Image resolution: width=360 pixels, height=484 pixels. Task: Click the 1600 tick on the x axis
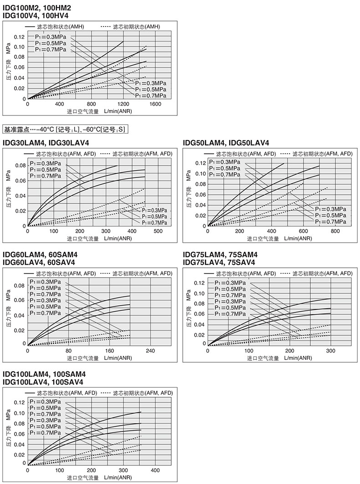click(x=155, y=104)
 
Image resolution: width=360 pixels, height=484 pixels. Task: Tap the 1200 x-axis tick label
click(x=123, y=104)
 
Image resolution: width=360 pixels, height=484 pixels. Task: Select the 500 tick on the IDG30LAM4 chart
click(x=158, y=231)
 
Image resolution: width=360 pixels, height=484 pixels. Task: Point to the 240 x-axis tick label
click(x=150, y=351)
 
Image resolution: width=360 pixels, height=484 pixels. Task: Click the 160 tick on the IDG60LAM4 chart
click(x=109, y=351)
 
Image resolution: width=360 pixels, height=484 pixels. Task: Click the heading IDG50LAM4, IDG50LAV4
click(x=226, y=142)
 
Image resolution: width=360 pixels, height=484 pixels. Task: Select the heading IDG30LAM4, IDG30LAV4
click(x=46, y=142)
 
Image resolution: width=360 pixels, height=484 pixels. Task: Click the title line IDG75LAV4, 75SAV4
click(x=219, y=262)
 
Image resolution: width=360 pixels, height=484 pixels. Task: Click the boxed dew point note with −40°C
click(x=64, y=129)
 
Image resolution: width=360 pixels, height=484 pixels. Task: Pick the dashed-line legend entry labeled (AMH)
click(x=130, y=26)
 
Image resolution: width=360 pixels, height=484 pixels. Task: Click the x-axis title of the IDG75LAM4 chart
click(x=279, y=358)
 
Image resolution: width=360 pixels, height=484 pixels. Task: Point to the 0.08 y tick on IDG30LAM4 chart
click(x=20, y=165)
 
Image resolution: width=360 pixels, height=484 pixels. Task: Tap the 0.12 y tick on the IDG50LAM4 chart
click(x=200, y=163)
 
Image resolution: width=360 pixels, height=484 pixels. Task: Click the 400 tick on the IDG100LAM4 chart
click(x=155, y=470)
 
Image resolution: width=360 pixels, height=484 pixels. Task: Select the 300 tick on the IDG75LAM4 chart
click(x=330, y=351)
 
